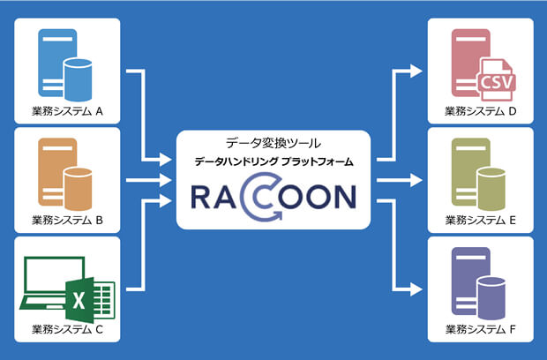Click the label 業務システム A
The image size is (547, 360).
pos(67,112)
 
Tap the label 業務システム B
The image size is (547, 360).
pos(67,221)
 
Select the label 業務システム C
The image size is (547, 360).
pos(67,330)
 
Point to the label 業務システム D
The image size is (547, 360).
pos(481,112)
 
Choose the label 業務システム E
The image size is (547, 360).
pos(481,221)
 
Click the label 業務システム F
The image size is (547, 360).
pos(481,330)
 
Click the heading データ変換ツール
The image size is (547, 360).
pos(273,142)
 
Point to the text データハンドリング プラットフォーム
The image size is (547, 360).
pos(273,161)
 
